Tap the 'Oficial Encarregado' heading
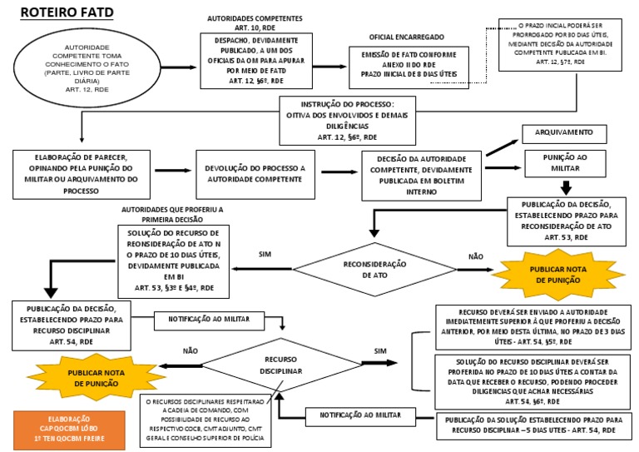(407, 37)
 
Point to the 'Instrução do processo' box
(347, 120)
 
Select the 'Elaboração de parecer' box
(81, 174)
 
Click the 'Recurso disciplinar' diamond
(280, 365)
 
